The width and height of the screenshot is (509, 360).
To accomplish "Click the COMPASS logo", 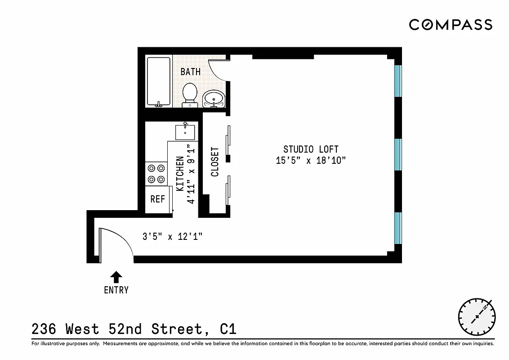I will (451, 24).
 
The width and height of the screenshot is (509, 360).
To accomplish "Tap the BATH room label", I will (191, 72).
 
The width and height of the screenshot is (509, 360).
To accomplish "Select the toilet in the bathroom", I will (190, 94).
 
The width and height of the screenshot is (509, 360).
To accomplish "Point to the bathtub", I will (159, 81).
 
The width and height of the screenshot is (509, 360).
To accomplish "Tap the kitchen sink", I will (185, 131).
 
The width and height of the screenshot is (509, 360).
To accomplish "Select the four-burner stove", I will (156, 174).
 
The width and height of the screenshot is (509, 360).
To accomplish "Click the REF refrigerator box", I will (158, 199).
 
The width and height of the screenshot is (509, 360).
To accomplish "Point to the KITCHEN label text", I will (180, 174).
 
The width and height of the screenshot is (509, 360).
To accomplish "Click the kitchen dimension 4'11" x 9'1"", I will (192, 174).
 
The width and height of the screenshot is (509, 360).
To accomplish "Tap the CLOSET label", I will (215, 162).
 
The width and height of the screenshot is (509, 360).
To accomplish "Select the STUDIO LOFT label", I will (311, 149).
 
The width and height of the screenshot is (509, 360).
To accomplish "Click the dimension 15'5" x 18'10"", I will (311, 161).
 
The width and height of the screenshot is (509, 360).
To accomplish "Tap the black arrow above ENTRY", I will (116, 276).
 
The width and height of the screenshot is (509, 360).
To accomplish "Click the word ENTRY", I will (116, 290).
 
